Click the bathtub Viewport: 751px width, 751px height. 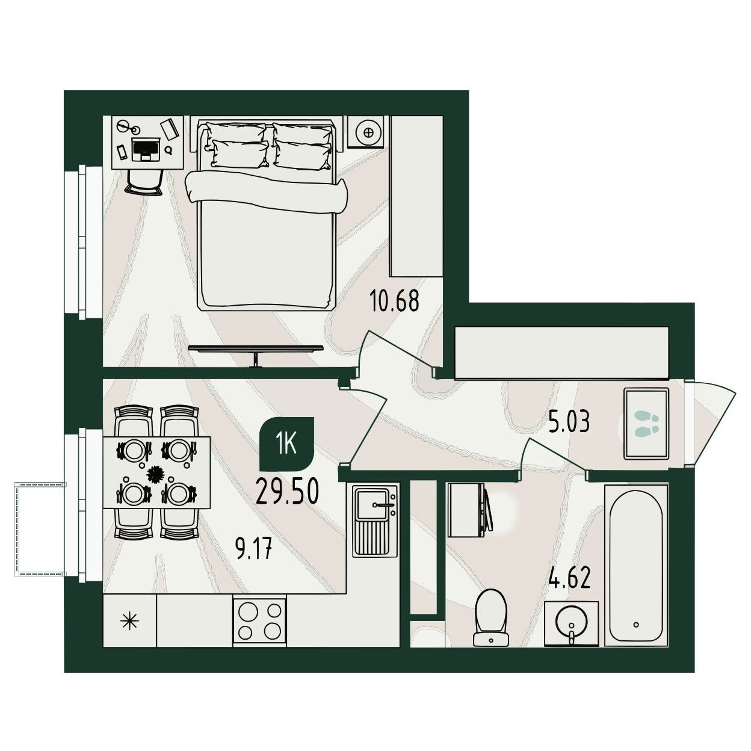pyautogui.click(x=636, y=566)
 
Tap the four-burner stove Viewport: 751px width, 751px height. pyautogui.click(x=259, y=621)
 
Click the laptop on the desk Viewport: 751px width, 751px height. pyautogui.click(x=146, y=149)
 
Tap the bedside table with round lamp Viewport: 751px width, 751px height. pyautogui.click(x=368, y=132)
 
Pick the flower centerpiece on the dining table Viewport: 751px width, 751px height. pyautogui.click(x=156, y=473)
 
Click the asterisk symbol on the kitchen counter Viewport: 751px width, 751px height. pyautogui.click(x=130, y=620)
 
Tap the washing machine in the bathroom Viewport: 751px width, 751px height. pyautogui.click(x=470, y=510)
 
